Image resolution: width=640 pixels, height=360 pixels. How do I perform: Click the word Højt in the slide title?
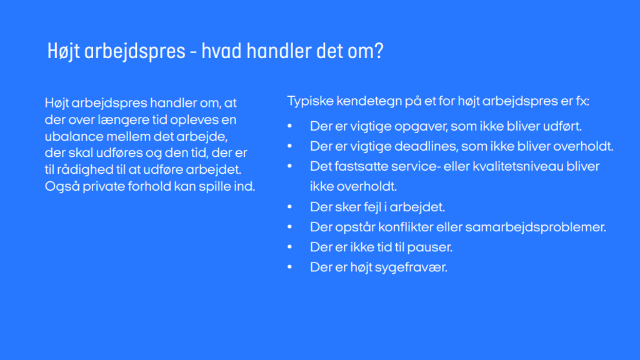(x=63, y=52)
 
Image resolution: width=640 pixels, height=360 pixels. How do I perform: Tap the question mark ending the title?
(x=379, y=51)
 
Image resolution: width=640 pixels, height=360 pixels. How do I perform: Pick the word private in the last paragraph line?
(x=104, y=186)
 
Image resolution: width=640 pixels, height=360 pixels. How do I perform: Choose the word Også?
(x=62, y=186)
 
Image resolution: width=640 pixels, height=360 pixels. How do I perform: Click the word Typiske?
(x=310, y=101)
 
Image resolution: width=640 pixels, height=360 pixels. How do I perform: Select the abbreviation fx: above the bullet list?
(x=582, y=101)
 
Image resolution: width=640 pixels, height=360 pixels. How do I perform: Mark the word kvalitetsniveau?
(x=517, y=166)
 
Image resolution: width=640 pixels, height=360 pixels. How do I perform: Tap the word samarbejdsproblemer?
(x=536, y=227)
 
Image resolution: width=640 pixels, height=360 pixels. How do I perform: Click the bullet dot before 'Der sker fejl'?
(x=290, y=207)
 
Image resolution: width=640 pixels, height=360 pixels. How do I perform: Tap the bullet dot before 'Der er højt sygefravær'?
(x=290, y=267)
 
